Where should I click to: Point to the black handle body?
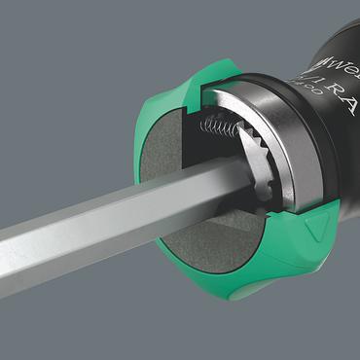[321, 146]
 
